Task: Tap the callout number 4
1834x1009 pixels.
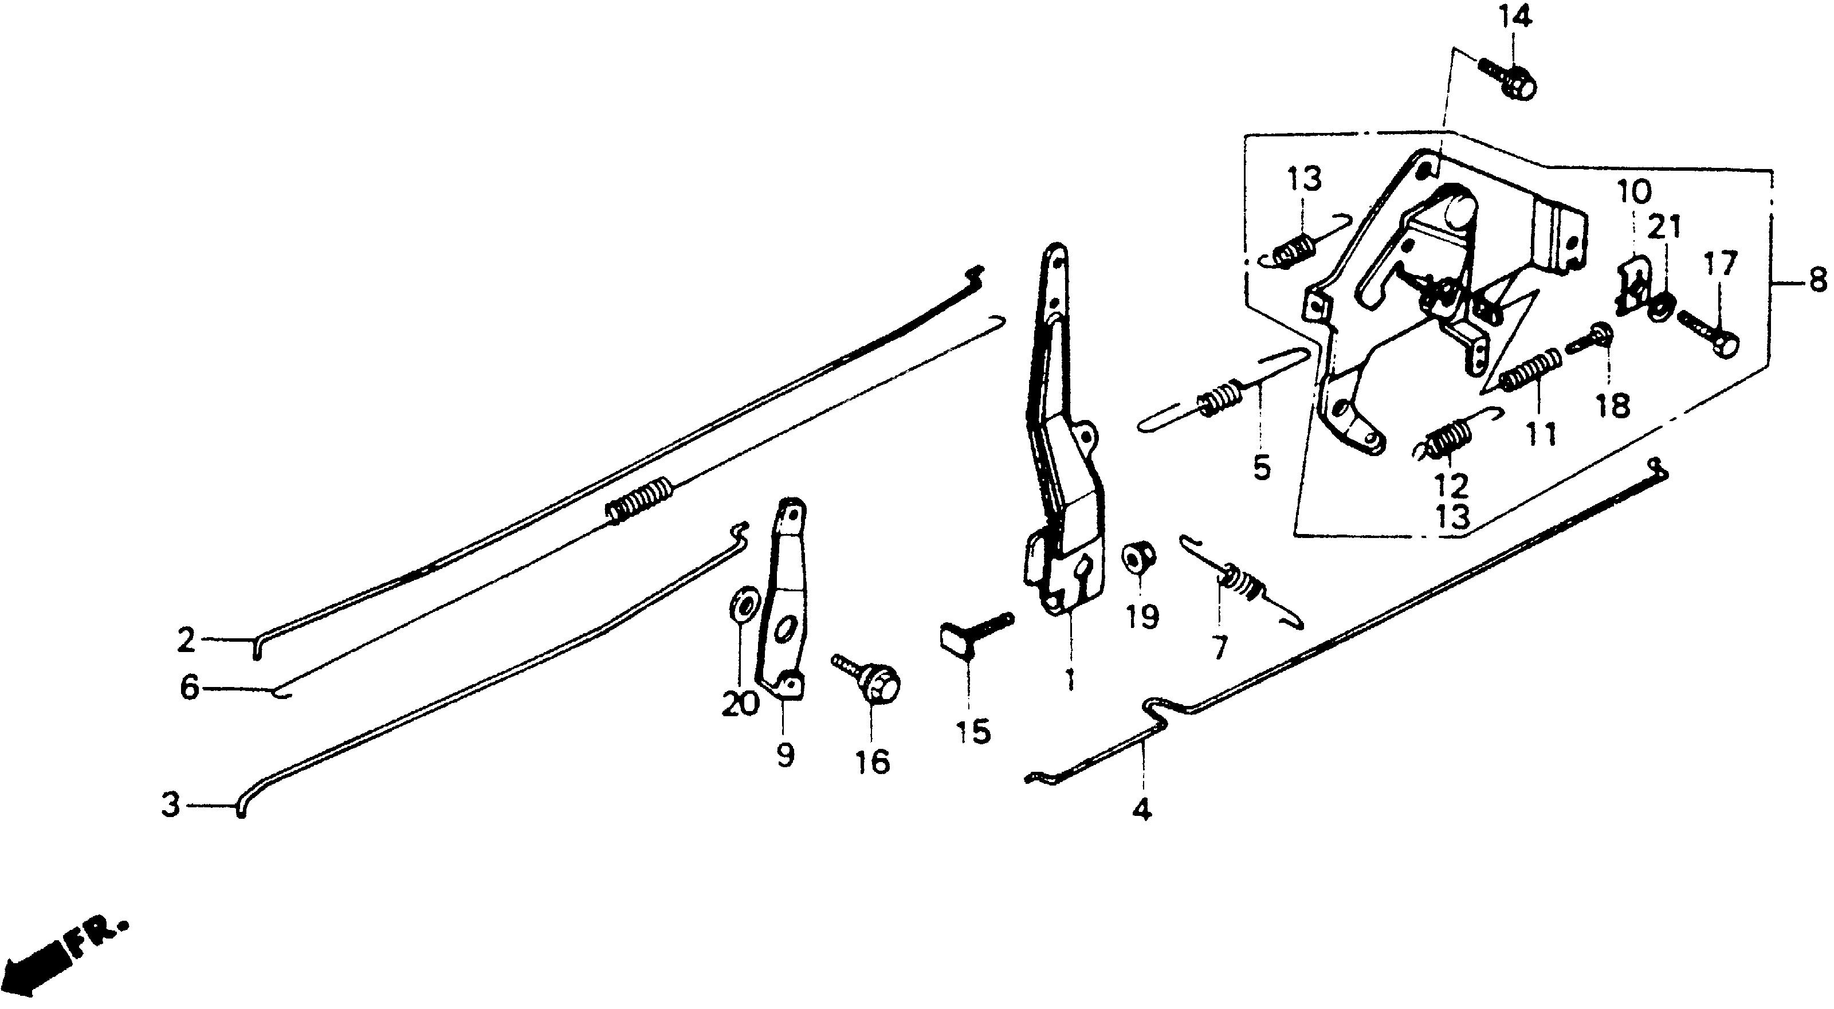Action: tap(1141, 810)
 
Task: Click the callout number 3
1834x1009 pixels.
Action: tap(171, 806)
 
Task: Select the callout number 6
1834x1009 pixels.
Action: tap(188, 689)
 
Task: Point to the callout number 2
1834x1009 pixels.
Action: tap(186, 640)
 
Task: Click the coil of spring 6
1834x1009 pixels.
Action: tap(639, 501)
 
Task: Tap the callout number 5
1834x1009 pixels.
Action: tap(1262, 468)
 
